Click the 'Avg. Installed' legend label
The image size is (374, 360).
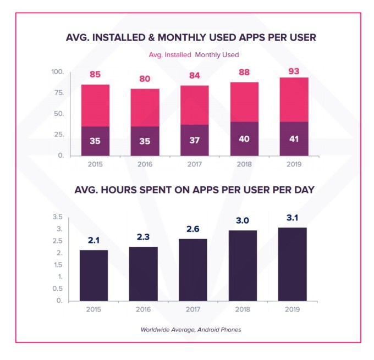(169, 55)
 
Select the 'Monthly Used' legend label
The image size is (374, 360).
(217, 55)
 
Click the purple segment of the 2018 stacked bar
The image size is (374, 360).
(243, 139)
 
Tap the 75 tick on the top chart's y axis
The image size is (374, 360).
(59, 93)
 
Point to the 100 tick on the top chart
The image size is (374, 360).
(58, 73)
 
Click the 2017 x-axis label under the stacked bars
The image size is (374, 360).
(194, 164)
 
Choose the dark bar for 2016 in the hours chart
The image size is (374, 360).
(144, 274)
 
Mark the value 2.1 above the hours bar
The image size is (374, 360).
(94, 241)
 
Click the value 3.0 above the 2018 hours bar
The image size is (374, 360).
(243, 221)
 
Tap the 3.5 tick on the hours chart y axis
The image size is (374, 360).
(57, 217)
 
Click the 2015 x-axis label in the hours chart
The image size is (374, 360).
(94, 309)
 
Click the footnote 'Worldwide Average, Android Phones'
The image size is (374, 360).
(190, 330)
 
